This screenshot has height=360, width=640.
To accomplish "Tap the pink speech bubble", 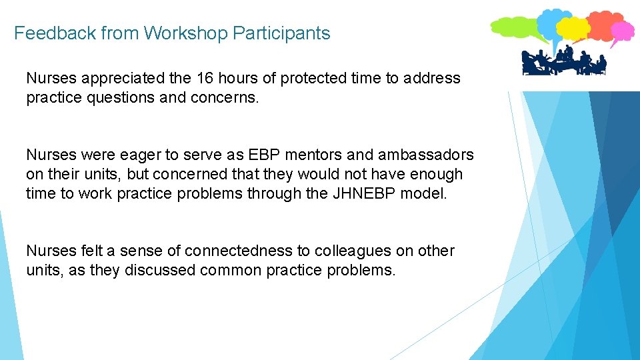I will [623, 30].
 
